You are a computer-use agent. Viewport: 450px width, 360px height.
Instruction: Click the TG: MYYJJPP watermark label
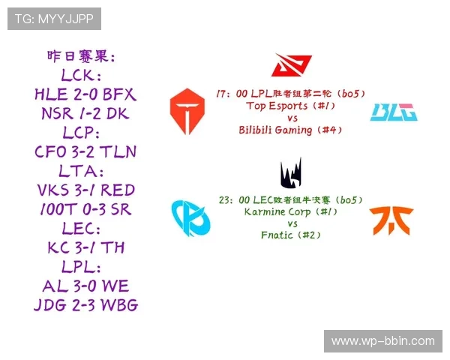click(x=53, y=18)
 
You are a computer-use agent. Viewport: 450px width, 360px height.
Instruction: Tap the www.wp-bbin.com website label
click(x=382, y=340)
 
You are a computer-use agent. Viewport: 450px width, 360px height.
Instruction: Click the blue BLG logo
click(x=394, y=112)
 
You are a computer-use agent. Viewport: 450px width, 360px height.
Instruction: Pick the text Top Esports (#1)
click(x=291, y=106)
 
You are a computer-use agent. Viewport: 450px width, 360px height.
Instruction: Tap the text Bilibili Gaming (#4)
click(x=291, y=130)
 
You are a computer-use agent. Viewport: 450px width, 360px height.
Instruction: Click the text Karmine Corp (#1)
click(x=291, y=211)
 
